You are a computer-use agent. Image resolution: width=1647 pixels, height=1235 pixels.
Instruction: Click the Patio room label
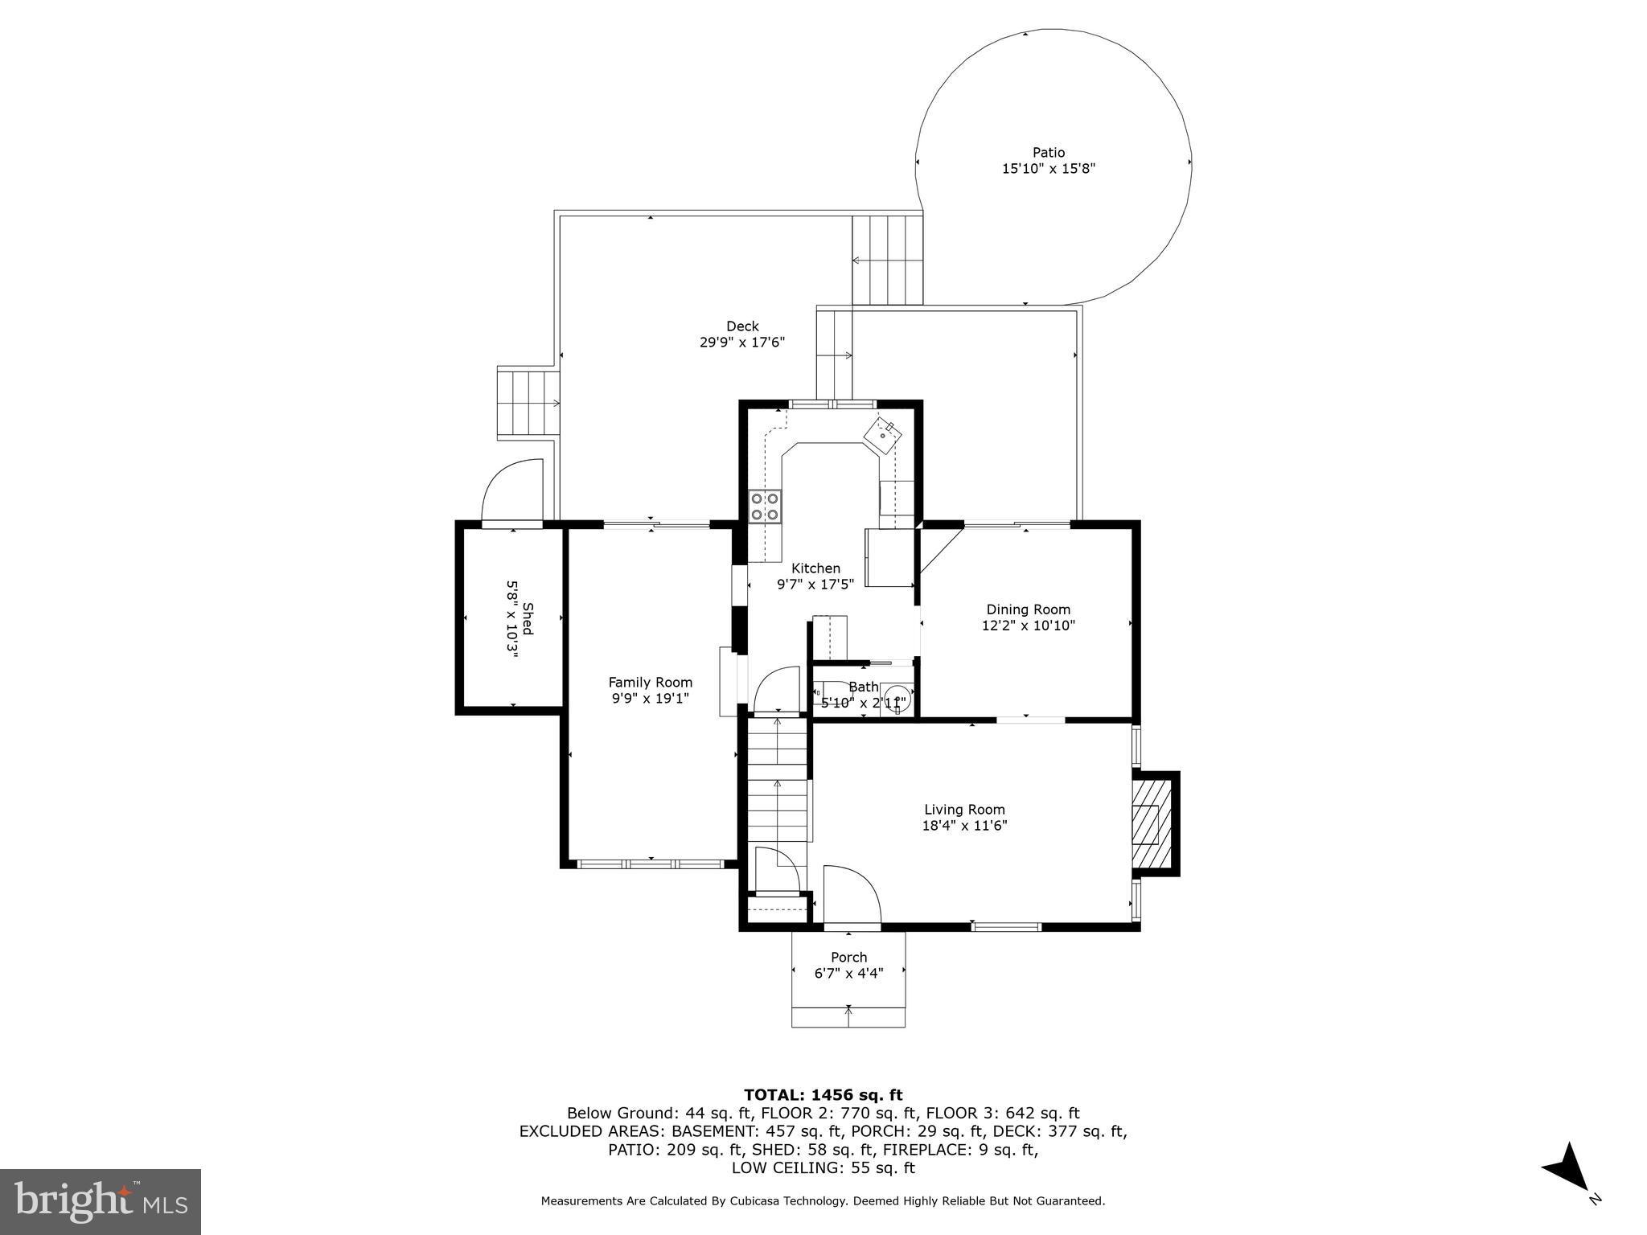(x=1048, y=153)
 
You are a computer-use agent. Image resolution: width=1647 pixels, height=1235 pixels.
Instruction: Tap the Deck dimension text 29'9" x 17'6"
(x=741, y=343)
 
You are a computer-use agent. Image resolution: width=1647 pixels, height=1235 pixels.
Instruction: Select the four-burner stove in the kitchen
(x=765, y=507)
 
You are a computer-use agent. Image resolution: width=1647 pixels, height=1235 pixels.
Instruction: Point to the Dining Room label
(x=1028, y=609)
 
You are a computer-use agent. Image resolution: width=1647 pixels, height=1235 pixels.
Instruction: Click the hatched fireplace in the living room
(x=1147, y=823)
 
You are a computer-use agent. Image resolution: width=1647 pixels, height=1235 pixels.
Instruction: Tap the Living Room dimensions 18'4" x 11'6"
(x=963, y=826)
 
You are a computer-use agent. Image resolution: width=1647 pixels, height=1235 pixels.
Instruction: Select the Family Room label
(x=650, y=683)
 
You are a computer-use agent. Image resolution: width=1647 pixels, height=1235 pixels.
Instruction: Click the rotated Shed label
(x=528, y=618)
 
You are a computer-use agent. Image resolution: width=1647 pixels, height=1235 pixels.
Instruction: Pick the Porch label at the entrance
(x=848, y=958)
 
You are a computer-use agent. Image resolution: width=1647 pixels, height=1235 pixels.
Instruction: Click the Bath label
(x=864, y=687)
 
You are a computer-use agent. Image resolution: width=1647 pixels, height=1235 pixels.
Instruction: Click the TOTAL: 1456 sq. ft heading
(x=823, y=1095)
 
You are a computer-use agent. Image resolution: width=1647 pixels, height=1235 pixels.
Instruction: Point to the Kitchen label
(x=815, y=568)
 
